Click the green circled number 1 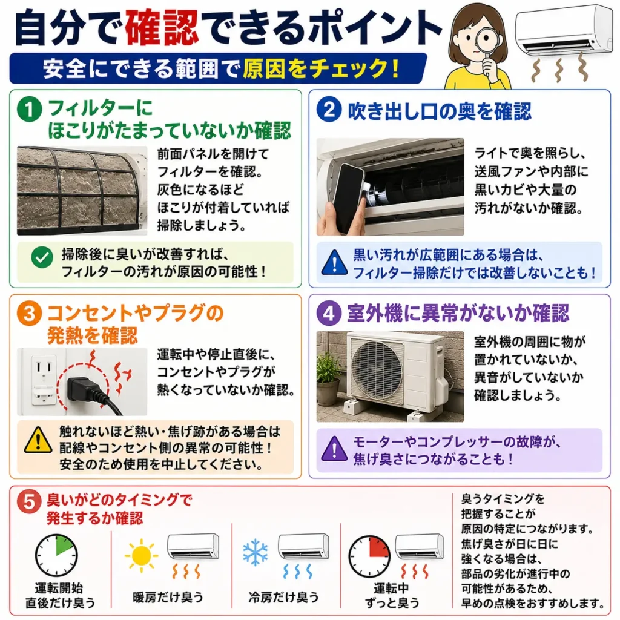tap(29, 109)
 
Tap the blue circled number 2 tap(329, 109)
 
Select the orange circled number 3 tap(29, 314)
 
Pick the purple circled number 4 tap(329, 313)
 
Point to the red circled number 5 tap(29, 501)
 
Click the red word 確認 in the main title tap(161, 28)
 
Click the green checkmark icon tap(42, 257)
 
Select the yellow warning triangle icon tap(38, 440)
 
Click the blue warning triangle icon tap(334, 262)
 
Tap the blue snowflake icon tap(256, 552)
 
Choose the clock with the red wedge tap(369, 557)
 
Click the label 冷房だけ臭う tap(283, 596)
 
